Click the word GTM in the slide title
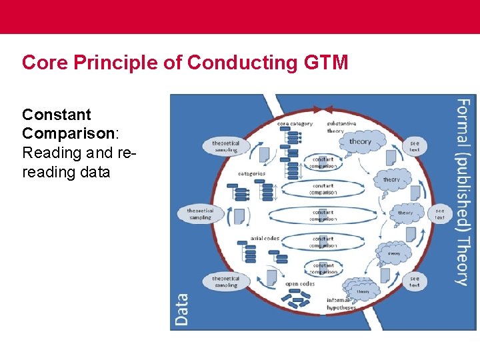click(326, 63)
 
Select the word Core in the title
click(45, 63)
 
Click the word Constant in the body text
click(57, 115)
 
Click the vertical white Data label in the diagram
click(181, 309)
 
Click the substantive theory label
click(341, 127)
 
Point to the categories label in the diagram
click(251, 173)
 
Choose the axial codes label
click(265, 238)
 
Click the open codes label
click(299, 284)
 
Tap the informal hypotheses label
click(341, 304)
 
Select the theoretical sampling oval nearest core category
click(226, 145)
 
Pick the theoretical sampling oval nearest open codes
click(225, 281)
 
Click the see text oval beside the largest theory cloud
click(415, 145)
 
